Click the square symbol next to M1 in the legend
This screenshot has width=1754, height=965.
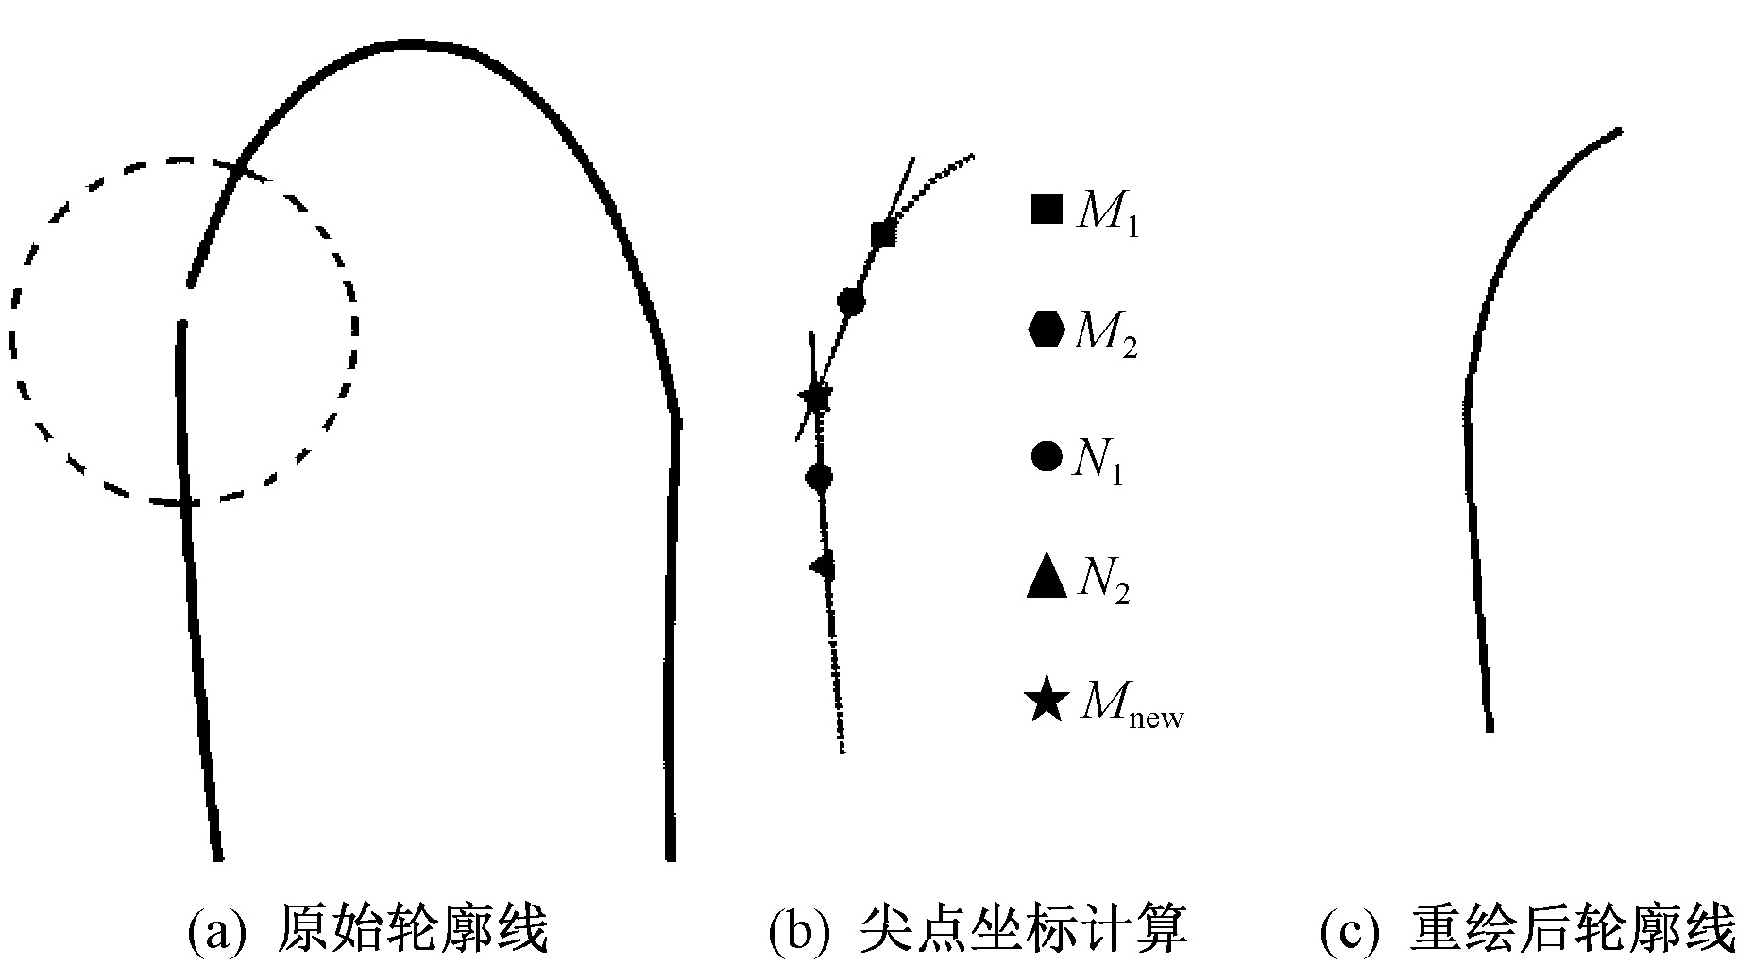[1047, 209]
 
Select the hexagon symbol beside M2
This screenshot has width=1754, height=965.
[1047, 330]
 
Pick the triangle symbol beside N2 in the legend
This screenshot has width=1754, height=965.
[1047, 577]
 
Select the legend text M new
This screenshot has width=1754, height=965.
[1132, 704]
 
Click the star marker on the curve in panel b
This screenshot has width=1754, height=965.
[815, 398]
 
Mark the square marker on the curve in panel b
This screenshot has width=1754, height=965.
[883, 233]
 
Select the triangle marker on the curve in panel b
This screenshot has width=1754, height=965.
[824, 567]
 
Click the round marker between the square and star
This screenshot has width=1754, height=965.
[851, 301]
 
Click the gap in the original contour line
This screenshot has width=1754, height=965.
[186, 303]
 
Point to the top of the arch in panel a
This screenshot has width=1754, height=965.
[410, 44]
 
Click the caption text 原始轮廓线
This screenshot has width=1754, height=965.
[413, 929]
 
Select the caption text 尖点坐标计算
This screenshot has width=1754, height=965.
[1024, 929]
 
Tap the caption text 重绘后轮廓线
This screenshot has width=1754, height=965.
[1573, 929]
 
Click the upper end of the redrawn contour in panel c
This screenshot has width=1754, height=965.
[1620, 131]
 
